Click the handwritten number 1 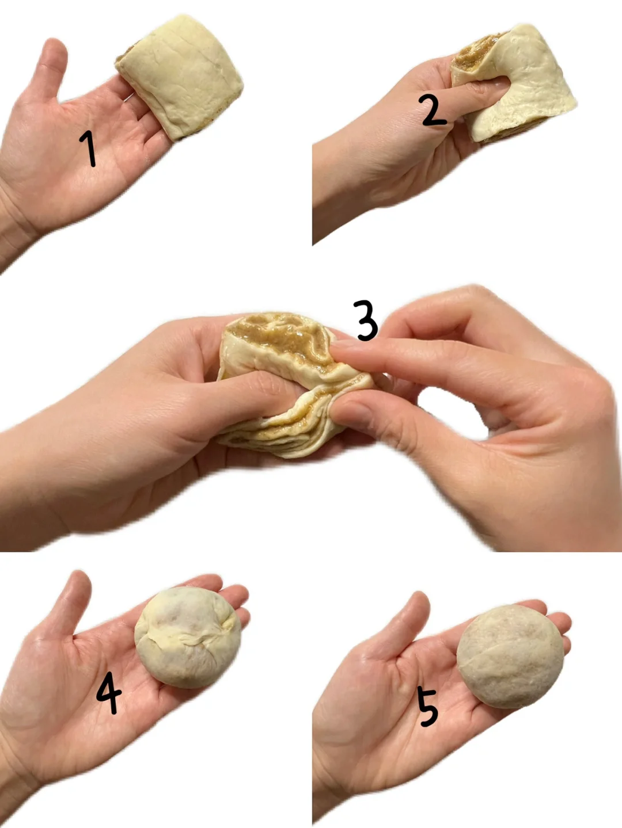pyautogui.click(x=88, y=148)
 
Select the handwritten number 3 pyautogui.click(x=365, y=320)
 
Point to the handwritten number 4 pyautogui.click(x=109, y=692)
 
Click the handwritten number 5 pyautogui.click(x=428, y=707)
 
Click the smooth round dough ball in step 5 pyautogui.click(x=510, y=657)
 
